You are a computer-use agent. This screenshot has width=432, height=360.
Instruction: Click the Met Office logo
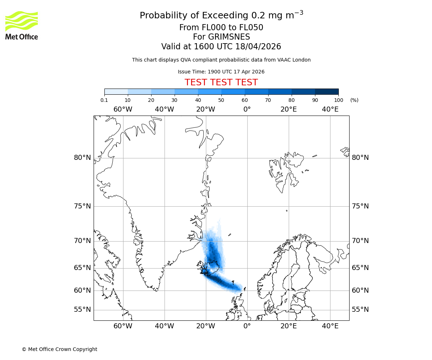[x=22, y=25]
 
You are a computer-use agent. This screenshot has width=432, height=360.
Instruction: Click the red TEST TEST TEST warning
[x=221, y=82]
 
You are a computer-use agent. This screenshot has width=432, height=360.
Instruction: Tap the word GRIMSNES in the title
[x=221, y=37]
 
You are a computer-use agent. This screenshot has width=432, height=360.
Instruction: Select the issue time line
[x=221, y=72]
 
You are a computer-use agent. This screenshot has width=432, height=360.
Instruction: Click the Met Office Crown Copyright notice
[x=59, y=349]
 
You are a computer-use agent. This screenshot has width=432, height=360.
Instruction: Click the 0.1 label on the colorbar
[x=104, y=100]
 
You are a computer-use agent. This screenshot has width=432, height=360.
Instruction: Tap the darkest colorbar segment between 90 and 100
[x=327, y=91]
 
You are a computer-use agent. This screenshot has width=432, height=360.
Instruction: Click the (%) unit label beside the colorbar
[x=354, y=100]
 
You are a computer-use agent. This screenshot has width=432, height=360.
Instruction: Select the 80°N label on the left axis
[x=82, y=158]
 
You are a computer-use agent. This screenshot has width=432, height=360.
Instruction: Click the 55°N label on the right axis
[x=360, y=310]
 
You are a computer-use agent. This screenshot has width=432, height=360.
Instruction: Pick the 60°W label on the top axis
[x=123, y=109]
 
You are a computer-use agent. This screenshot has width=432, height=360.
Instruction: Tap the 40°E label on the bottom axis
[x=330, y=326]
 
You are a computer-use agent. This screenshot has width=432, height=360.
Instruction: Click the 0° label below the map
[x=247, y=326]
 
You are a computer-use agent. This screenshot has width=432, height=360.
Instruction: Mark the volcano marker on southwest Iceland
[x=204, y=271]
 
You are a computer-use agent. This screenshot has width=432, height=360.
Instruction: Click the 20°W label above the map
[x=206, y=109]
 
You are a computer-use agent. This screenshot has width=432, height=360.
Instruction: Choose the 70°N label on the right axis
[x=360, y=241]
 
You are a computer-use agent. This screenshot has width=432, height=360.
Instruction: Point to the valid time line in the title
[x=221, y=47]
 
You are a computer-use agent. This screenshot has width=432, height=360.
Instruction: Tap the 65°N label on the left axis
[x=82, y=268]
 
